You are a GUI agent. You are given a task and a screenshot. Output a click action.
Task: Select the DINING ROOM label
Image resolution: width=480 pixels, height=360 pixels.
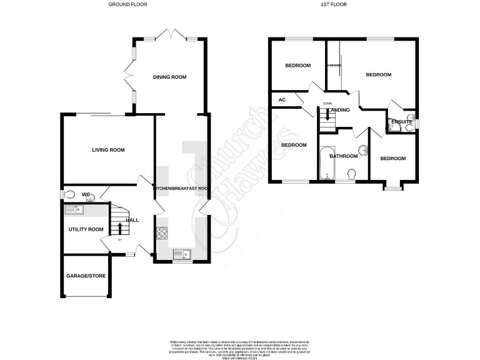[x=170, y=77]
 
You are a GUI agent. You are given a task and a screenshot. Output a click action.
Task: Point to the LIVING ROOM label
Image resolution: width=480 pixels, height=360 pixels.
[x=109, y=150]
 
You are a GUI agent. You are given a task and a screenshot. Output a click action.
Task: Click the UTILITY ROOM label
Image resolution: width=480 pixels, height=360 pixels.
[x=86, y=229]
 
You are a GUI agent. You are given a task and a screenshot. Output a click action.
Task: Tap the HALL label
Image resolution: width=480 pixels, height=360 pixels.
[x=132, y=220]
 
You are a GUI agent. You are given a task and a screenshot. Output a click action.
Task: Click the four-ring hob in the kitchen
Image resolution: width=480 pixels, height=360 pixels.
[x=162, y=233]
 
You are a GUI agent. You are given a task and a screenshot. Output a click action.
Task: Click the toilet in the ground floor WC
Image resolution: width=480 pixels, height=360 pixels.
[x=69, y=194]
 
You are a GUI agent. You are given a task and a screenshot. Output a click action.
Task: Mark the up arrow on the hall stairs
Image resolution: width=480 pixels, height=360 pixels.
[x=119, y=227]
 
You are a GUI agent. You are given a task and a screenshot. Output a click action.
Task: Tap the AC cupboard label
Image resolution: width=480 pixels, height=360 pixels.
[x=282, y=100]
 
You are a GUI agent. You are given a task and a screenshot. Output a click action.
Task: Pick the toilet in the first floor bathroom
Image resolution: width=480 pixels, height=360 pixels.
[x=351, y=173]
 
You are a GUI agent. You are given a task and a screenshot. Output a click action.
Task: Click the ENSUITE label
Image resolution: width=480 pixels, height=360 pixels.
[x=401, y=122]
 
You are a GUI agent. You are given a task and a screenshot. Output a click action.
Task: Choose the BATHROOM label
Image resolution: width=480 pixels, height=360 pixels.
[x=343, y=156]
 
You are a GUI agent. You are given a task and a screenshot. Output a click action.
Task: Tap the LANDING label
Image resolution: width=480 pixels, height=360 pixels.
[x=339, y=111]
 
